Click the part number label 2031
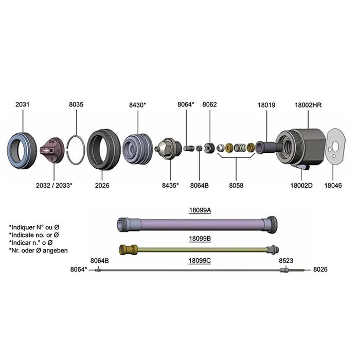coord(22,105)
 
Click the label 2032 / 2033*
coord(55,185)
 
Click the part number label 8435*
coord(170,185)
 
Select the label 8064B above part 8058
coord(200,185)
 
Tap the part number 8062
coord(209,105)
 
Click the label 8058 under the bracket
coord(237,185)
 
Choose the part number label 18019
coord(266,105)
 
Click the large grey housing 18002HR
coord(303,144)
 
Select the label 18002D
coord(301,185)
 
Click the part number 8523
coord(286,261)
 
